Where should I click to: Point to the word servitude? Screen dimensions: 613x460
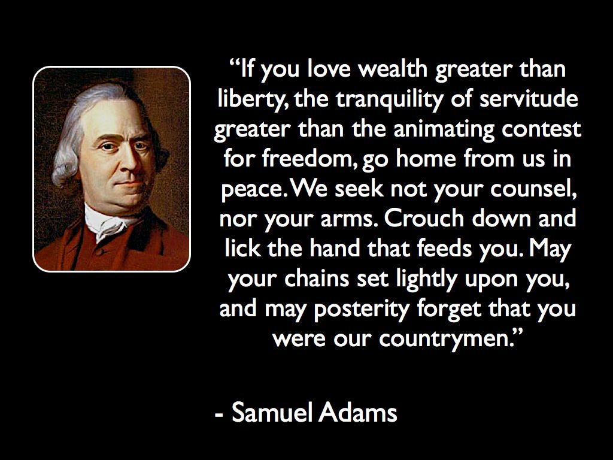pyautogui.click(x=529, y=98)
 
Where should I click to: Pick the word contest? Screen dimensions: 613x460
pyautogui.click(x=541, y=129)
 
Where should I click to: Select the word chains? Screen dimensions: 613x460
pyautogui.click(x=317, y=279)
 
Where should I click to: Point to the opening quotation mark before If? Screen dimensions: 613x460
pyautogui.click(x=234, y=63)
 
